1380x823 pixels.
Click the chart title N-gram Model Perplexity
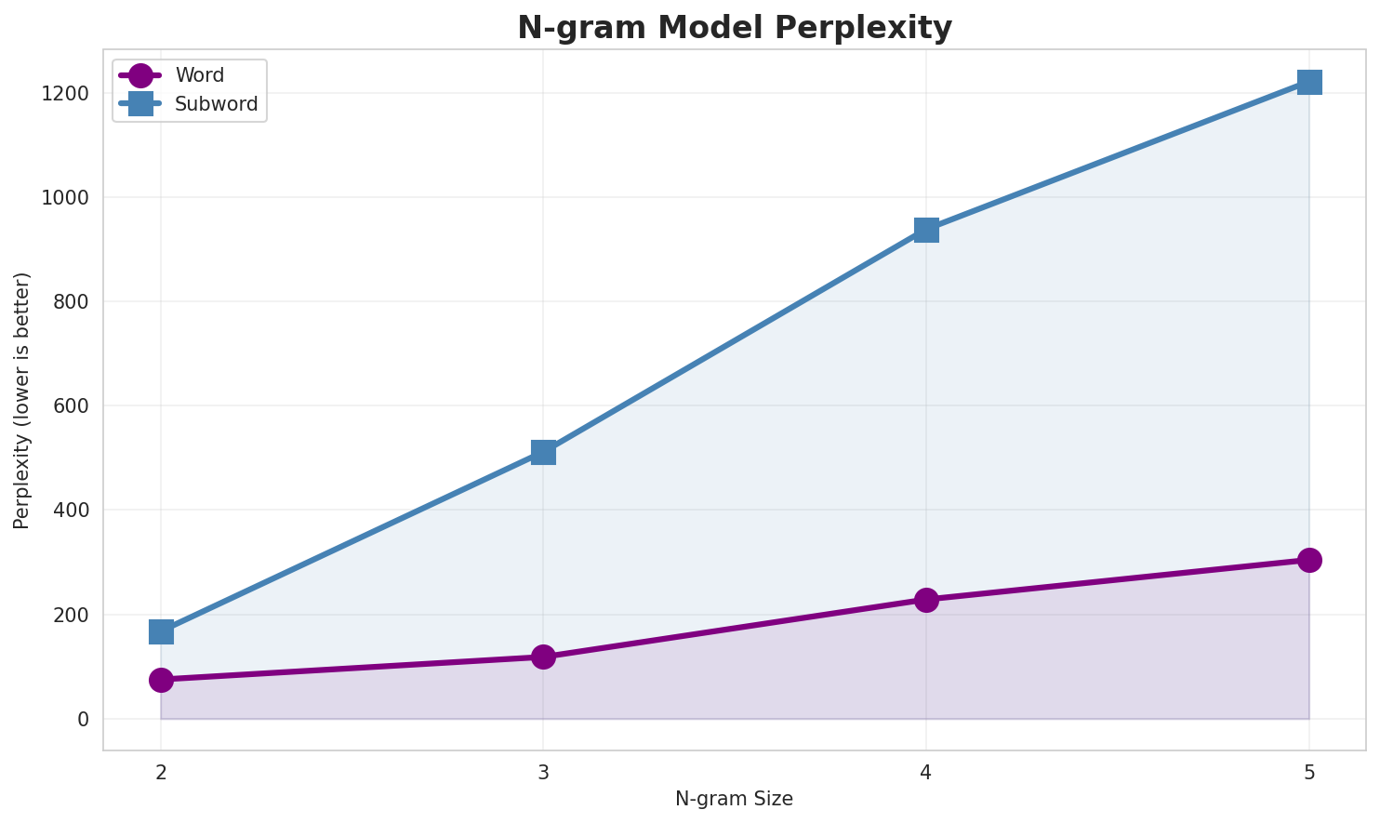pos(735,28)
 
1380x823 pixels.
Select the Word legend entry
pos(199,75)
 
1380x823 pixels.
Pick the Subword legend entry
pos(216,104)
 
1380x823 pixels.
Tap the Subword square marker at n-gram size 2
pos(161,631)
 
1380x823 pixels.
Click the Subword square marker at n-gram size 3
pos(544,452)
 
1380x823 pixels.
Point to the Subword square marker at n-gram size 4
pos(926,230)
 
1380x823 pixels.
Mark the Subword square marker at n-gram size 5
pos(1309,82)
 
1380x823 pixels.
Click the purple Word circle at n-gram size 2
pos(161,680)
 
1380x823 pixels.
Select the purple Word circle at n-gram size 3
pos(544,657)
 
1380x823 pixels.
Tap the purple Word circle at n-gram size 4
pos(926,600)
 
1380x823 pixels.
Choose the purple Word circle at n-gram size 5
pos(1309,560)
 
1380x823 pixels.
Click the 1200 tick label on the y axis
pos(67,94)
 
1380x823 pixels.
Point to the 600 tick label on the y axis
pos(72,406)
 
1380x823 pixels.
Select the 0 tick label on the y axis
pos(83,719)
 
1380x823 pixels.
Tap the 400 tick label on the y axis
pos(72,511)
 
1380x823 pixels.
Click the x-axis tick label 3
pos(544,772)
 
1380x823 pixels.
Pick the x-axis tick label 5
pos(1309,772)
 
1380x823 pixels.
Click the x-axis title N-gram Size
pos(734,799)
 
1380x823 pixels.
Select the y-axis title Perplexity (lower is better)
pos(22,400)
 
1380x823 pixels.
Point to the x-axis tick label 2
pos(161,772)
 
